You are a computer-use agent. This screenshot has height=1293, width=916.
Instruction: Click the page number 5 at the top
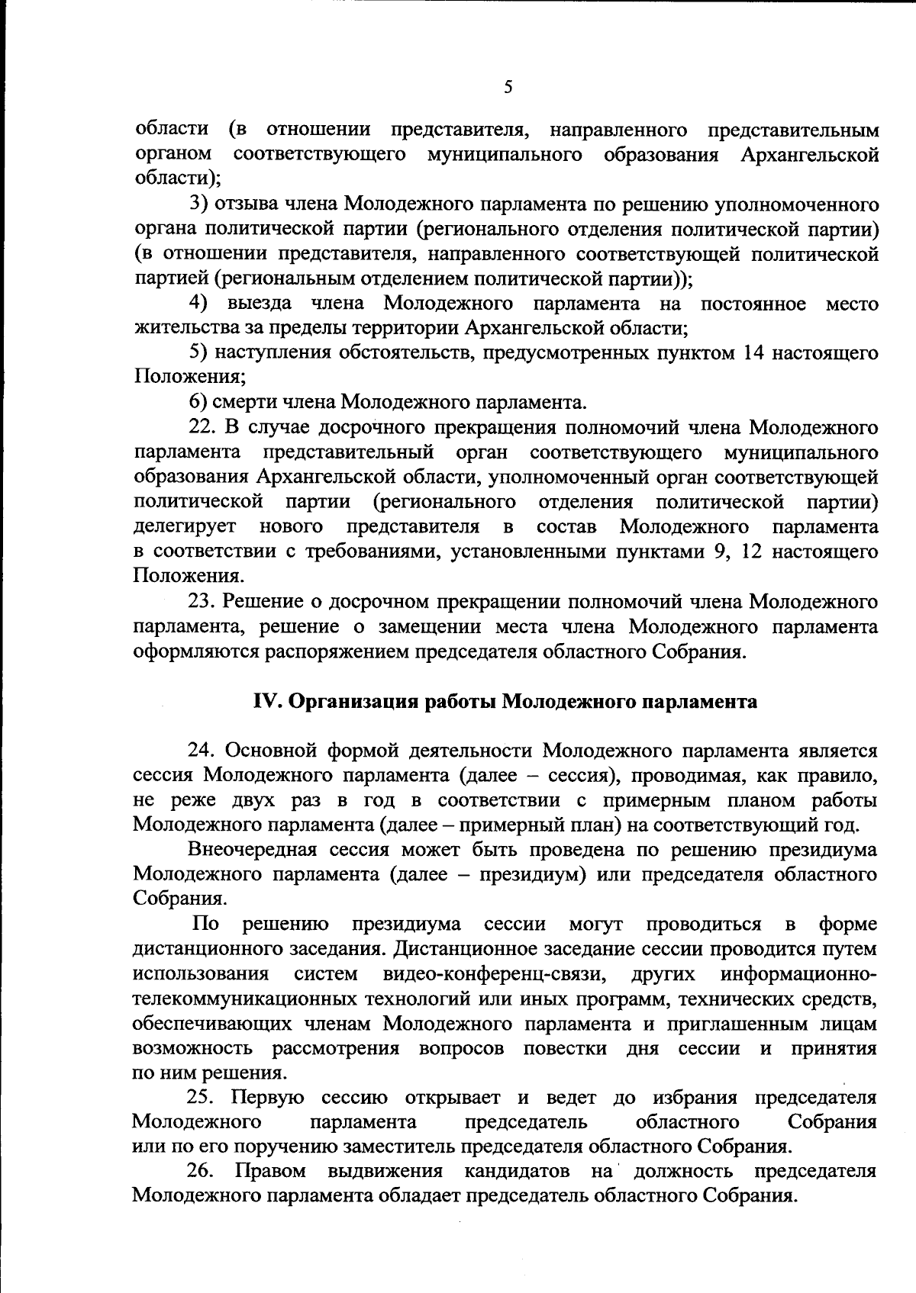point(508,88)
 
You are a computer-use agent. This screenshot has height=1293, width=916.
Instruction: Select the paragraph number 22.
point(201,428)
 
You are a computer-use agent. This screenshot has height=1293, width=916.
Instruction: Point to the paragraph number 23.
point(201,602)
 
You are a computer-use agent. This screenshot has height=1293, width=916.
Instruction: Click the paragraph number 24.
point(201,751)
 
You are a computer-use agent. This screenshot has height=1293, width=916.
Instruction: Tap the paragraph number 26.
point(201,1171)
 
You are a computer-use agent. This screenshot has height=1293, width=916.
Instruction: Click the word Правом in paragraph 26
point(271,1171)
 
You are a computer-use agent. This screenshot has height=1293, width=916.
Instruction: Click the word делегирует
point(185,527)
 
